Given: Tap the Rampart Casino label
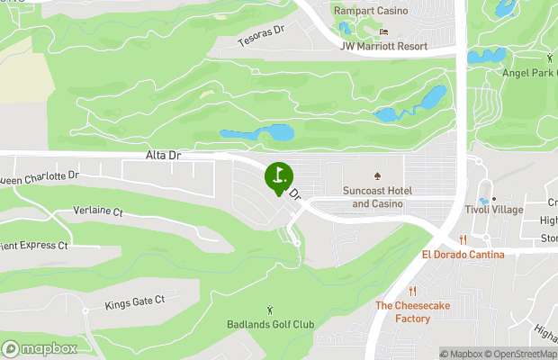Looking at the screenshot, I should tap(370, 11).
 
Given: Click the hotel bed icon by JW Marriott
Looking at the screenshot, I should tap(384, 31).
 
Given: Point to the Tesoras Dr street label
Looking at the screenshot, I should tap(261, 36).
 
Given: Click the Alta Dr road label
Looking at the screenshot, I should tap(163, 156).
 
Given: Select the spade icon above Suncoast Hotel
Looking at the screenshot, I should tap(378, 175).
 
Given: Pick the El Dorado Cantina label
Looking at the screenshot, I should tap(463, 255).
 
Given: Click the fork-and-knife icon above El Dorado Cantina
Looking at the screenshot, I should tap(463, 239).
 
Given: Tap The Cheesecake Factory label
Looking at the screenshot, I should tap(412, 312).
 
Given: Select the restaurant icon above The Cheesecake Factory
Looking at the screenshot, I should tap(412, 291).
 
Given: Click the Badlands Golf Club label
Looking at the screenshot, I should tap(270, 324).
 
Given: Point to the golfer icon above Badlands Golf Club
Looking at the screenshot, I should tap(270, 310).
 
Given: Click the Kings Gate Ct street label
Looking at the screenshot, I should tap(135, 301).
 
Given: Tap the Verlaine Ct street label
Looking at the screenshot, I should tap(93, 212).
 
